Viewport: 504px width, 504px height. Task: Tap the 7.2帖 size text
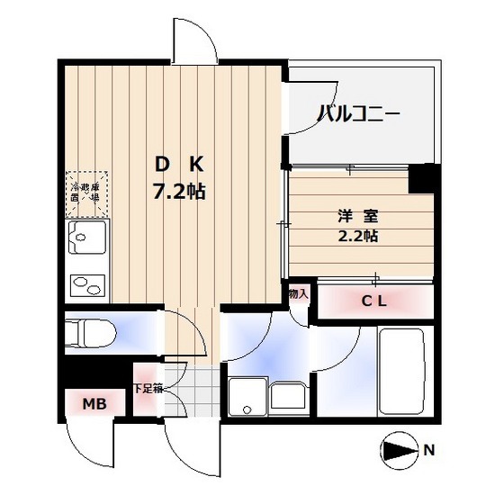click(180, 191)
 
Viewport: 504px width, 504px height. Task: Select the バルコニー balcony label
click(358, 114)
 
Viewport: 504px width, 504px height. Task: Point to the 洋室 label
click(351, 216)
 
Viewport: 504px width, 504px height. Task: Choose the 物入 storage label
click(299, 294)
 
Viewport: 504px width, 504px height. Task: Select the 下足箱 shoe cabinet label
click(147, 390)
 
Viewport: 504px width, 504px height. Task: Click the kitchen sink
click(86, 242)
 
